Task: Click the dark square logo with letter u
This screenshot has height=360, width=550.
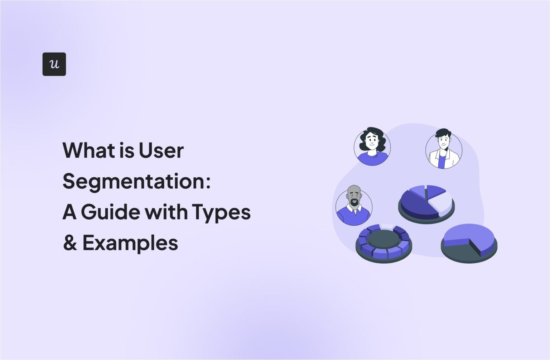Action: (x=54, y=64)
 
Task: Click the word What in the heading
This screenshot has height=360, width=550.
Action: (x=86, y=150)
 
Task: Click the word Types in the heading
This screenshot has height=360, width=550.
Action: (x=221, y=212)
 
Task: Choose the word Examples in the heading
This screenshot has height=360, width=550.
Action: (x=130, y=243)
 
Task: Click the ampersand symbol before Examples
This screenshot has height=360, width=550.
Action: (x=70, y=243)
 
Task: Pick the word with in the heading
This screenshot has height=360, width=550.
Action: (x=166, y=212)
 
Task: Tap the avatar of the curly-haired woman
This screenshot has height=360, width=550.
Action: (x=372, y=147)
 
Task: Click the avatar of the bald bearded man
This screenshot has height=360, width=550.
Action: (x=354, y=207)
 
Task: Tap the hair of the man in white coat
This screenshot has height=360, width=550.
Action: (x=443, y=133)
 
